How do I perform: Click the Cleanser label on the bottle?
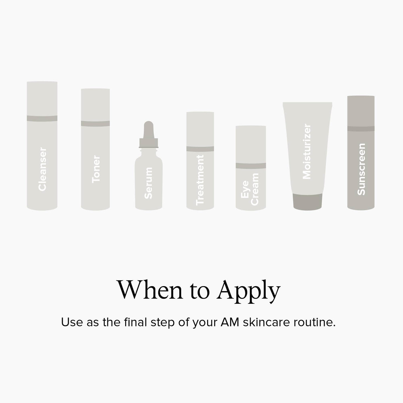42,169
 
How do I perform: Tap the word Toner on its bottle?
96,169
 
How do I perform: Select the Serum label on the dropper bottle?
148,183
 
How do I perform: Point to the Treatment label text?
200,180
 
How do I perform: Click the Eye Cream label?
250,189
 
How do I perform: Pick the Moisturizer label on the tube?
307,151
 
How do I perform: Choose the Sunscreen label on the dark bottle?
361,169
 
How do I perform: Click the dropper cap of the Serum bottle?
149,134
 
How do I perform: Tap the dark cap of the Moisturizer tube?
307,201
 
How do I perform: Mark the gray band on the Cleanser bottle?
42,119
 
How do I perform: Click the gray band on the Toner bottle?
95,123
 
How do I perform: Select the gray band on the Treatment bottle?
200,149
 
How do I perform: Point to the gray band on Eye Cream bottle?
251,166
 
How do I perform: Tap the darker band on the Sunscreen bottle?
361,128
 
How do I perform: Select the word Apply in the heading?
248,292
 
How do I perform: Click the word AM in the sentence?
230,322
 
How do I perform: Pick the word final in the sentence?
135,322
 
